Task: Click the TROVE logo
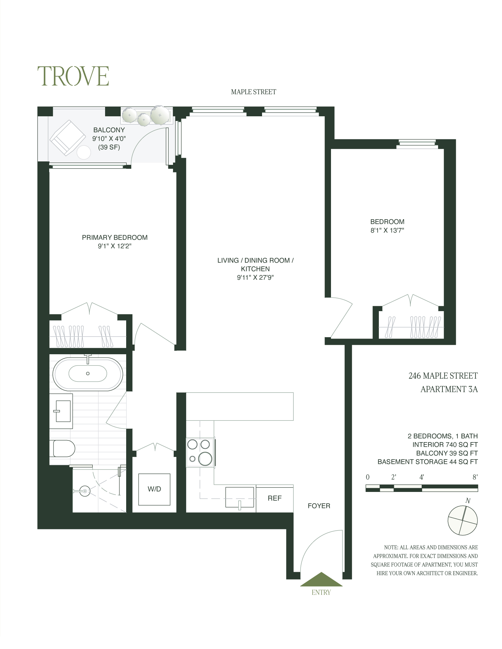(x=73, y=76)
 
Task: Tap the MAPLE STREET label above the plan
(x=253, y=92)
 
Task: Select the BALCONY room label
(x=109, y=130)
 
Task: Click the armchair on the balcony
(x=67, y=137)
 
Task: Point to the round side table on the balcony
(x=84, y=153)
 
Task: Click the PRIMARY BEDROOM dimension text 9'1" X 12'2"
(x=114, y=246)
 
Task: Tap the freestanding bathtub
(x=88, y=374)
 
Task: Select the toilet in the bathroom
(x=63, y=448)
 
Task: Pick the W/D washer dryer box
(x=154, y=489)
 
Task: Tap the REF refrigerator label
(x=274, y=498)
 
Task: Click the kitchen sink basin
(x=239, y=497)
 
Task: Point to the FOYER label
(x=319, y=506)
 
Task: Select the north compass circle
(x=463, y=520)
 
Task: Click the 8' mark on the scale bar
(x=475, y=477)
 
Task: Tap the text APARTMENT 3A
(x=449, y=389)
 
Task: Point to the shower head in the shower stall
(x=85, y=491)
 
